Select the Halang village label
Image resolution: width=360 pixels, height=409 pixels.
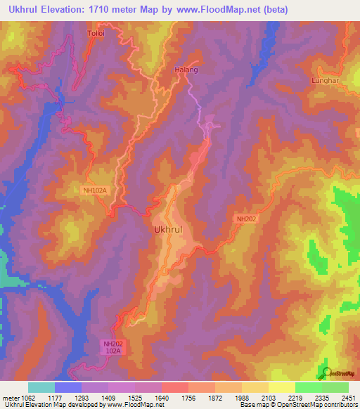(186, 70)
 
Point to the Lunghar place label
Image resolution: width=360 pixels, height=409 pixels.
(324, 81)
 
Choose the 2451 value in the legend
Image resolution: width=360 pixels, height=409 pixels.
(349, 398)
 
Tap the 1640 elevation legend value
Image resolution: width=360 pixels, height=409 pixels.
(162, 398)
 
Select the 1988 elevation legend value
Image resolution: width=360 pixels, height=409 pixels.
(242, 398)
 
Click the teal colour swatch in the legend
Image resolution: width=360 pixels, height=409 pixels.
(41, 387)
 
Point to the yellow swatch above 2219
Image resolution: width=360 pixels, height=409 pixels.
(282, 387)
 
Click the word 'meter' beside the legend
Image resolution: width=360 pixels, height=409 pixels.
(11, 398)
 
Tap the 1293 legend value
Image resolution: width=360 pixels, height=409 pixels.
(82, 398)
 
